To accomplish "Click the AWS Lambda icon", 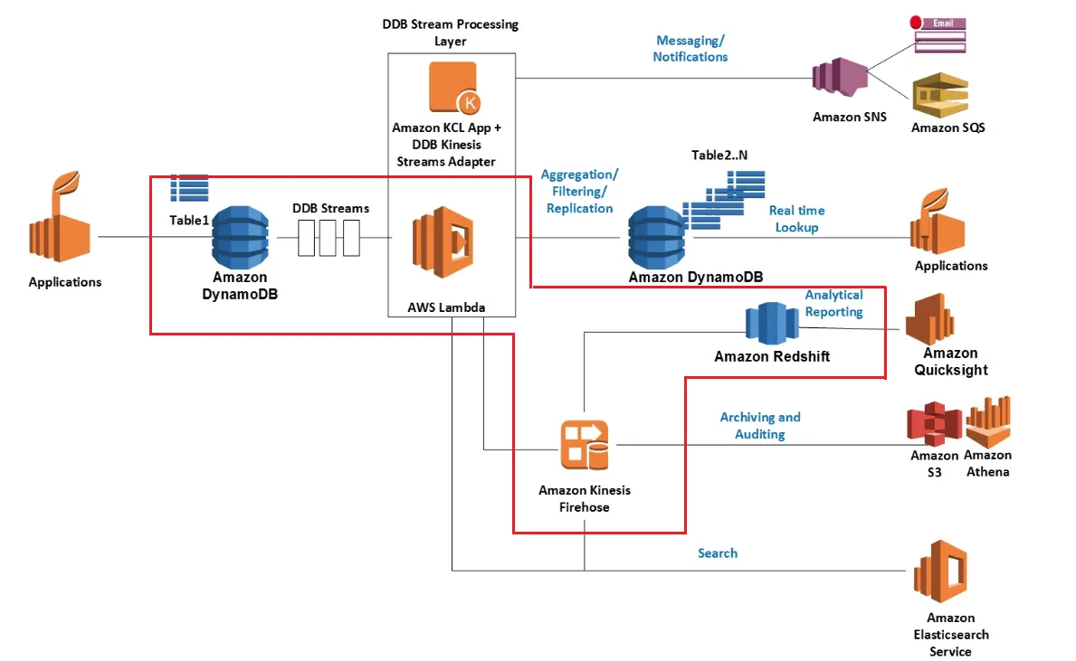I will (x=443, y=242).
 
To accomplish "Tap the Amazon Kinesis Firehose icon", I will (x=585, y=445).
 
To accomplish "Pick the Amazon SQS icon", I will (x=940, y=95).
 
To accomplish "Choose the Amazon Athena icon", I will (x=987, y=422).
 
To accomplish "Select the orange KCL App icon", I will (x=453, y=89).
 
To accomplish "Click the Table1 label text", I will (x=189, y=220).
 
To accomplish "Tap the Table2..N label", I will (x=719, y=155).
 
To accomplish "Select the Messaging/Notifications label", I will (x=691, y=49).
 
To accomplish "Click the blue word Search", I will (x=718, y=552).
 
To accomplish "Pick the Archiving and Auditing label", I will (x=760, y=425).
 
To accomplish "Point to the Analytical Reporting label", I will (x=833, y=303).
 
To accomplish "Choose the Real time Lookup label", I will (x=796, y=219).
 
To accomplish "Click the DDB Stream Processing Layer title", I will (x=451, y=32).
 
